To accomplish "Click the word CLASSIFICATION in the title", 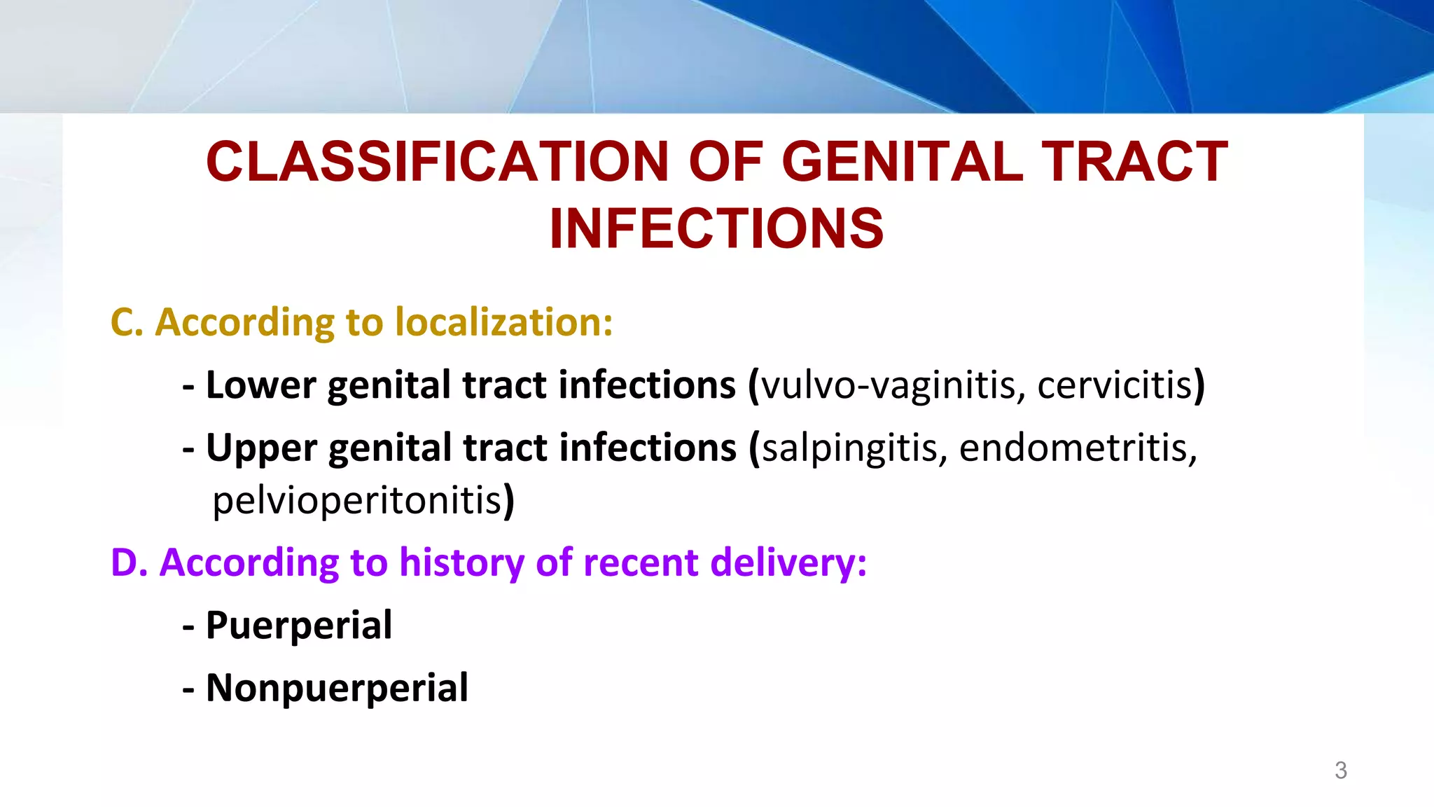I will click(438, 162).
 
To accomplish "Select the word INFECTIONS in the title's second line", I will click(716, 228).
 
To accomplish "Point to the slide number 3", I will click(1340, 771).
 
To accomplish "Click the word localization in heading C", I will click(503, 322).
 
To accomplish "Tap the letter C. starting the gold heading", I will click(127, 322).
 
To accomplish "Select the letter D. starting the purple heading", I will click(129, 563).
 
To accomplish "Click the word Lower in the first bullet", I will click(260, 385).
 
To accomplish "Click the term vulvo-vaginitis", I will click(889, 385).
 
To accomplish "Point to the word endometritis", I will click(1077, 448).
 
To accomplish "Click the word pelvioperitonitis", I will click(357, 501).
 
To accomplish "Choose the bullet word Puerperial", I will click(299, 625).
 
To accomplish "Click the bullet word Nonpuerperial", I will click(337, 688).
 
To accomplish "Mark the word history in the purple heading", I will click(461, 563).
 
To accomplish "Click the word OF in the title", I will click(725, 162).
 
